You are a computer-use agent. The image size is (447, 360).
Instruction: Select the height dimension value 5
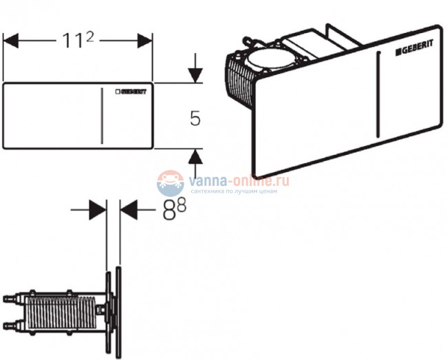[195, 118]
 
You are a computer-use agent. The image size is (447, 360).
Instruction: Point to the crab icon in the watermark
[168, 184]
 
